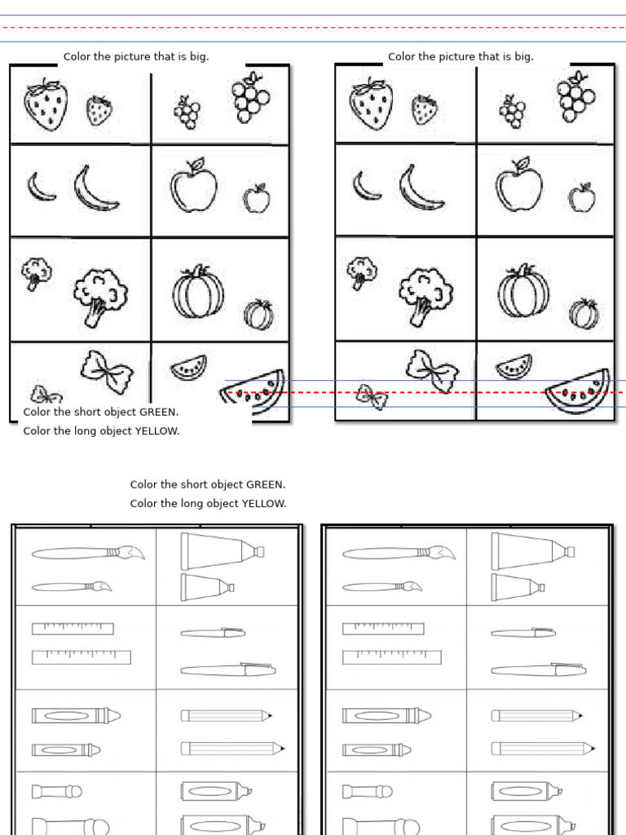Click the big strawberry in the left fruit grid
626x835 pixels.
click(x=45, y=105)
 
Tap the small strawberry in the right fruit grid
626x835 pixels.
click(x=425, y=110)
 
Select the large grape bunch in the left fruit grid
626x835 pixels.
click(x=247, y=98)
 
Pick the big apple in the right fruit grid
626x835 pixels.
click(x=518, y=187)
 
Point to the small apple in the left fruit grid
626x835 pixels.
click(x=257, y=198)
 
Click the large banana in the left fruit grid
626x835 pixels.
click(x=95, y=188)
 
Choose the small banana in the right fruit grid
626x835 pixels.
click(x=366, y=186)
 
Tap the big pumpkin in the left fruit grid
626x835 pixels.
click(x=197, y=293)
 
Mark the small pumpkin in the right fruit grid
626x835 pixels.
click(x=584, y=313)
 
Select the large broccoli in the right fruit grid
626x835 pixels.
click(x=425, y=295)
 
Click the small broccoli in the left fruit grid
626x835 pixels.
click(x=36, y=273)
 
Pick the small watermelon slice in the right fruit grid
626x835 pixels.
click(x=514, y=367)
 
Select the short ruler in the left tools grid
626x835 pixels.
click(x=73, y=629)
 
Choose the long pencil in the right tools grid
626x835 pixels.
click(x=543, y=748)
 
